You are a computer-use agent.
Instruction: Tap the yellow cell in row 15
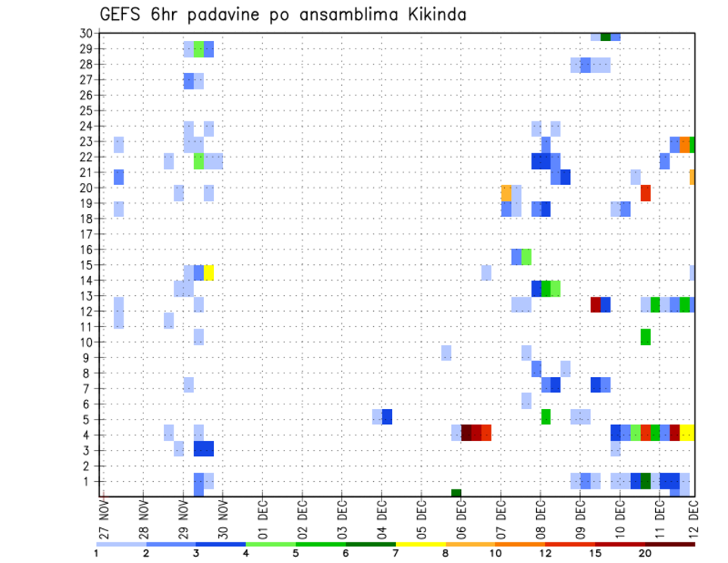[209, 272]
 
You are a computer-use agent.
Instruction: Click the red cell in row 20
[645, 193]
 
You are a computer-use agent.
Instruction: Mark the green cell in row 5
[546, 417]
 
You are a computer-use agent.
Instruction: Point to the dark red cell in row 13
[595, 304]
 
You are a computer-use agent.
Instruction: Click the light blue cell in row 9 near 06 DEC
[447, 353]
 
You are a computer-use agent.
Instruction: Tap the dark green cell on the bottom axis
[456, 493]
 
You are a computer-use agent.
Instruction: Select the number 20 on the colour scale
[645, 552]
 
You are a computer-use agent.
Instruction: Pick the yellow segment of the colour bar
[420, 544]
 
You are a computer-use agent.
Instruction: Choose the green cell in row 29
[199, 49]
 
